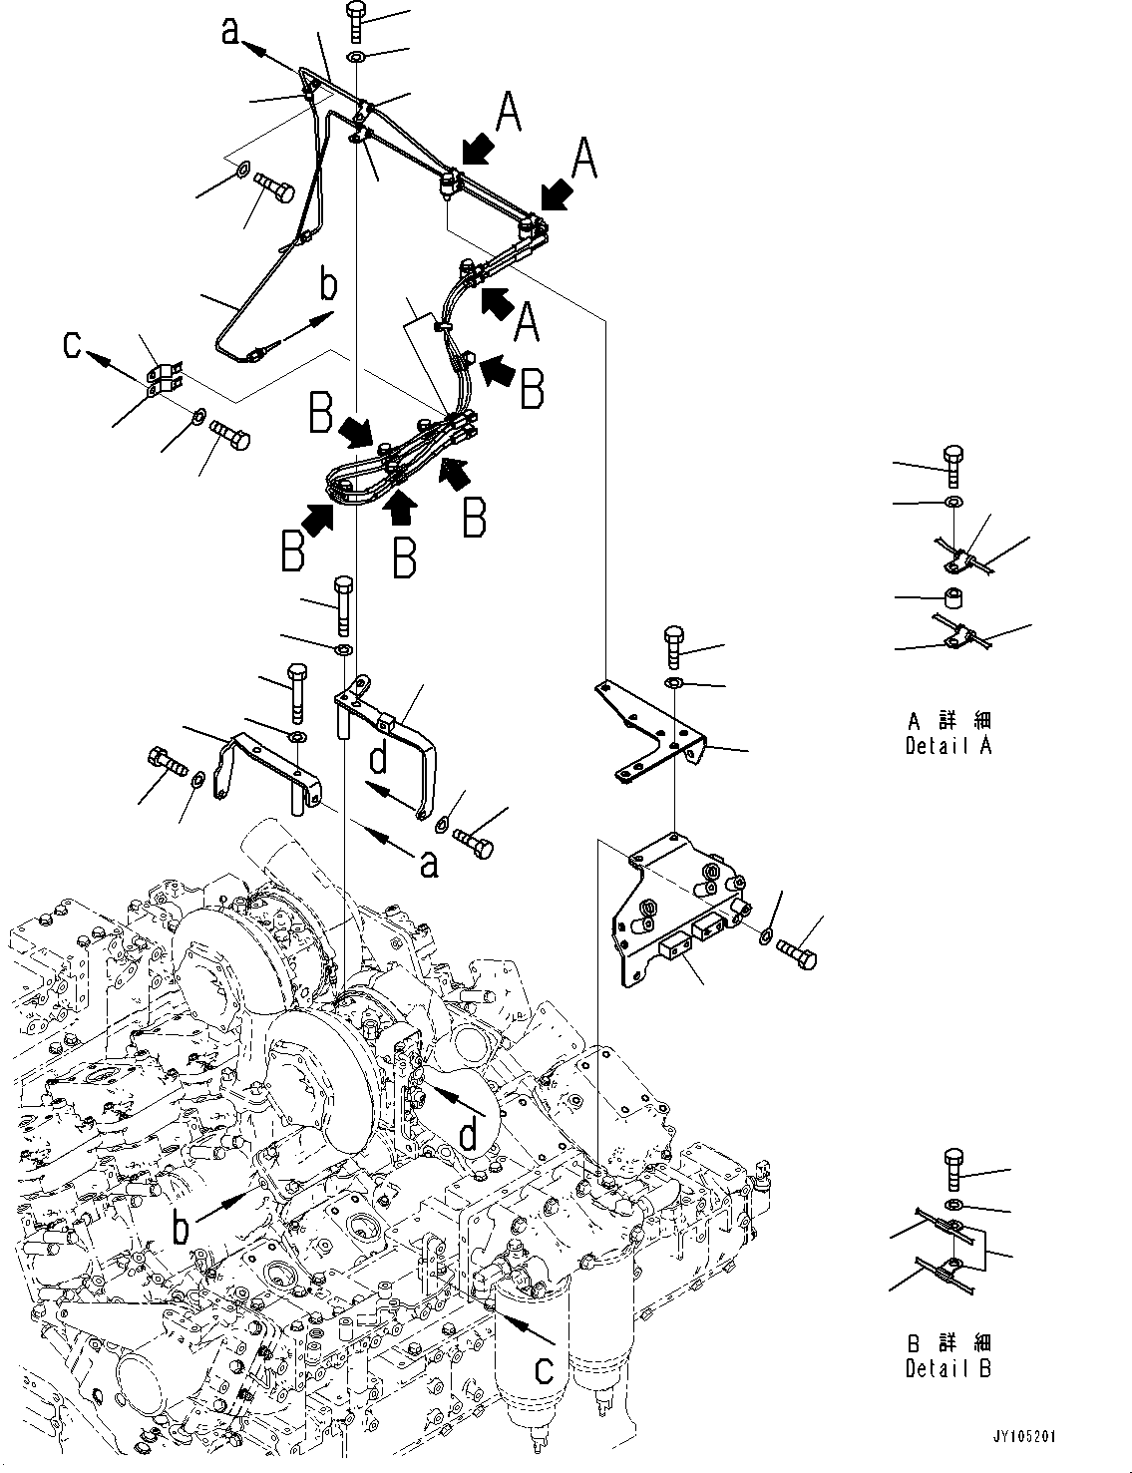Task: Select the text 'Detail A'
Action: (x=948, y=746)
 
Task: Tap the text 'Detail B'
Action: (x=948, y=1369)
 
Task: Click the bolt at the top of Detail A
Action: (x=953, y=467)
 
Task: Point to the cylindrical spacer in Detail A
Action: (x=953, y=598)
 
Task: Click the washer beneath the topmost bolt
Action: (x=356, y=56)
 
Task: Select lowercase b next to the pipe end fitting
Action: (x=328, y=287)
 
